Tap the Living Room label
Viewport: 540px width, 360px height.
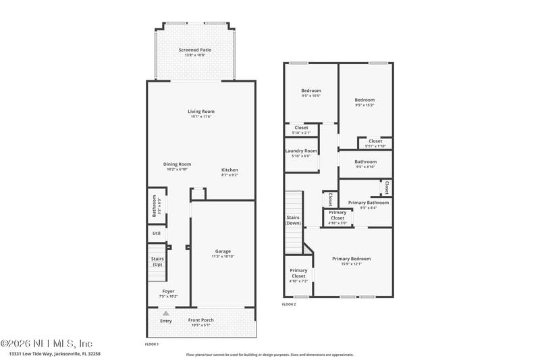pos(201,111)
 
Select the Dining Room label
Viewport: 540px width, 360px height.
pos(177,164)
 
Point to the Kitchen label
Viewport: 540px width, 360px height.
pos(230,170)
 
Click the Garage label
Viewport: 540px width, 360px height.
pos(223,251)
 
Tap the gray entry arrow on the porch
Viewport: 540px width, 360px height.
pos(165,313)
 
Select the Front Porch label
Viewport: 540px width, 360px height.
pos(201,320)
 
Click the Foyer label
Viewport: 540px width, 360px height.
pos(168,291)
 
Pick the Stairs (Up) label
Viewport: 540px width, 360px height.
pos(157,261)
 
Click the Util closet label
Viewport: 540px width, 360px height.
pos(156,233)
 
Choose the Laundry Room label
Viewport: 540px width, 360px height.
pos(301,151)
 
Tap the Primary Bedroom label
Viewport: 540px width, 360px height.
pos(351,259)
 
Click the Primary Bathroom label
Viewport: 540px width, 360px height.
pos(368,203)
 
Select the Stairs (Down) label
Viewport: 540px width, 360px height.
pos(293,220)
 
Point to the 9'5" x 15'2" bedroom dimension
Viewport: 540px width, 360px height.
pos(364,105)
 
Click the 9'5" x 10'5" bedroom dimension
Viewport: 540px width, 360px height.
pos(311,95)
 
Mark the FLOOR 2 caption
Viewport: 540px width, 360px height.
pos(289,305)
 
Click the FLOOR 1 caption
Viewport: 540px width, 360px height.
pos(152,344)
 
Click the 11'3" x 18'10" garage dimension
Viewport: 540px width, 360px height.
pos(223,256)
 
